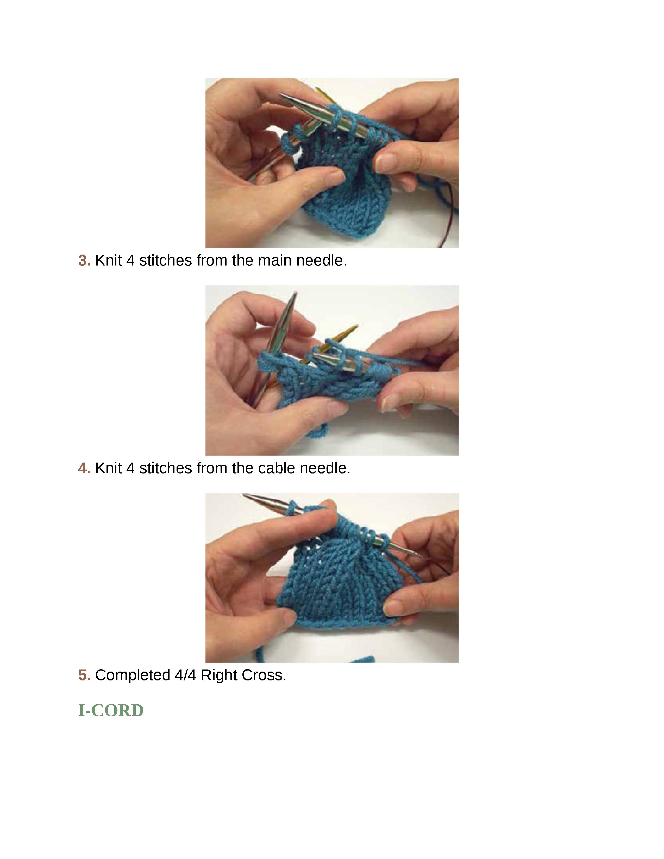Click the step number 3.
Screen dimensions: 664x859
84,260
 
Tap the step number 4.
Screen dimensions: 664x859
84,468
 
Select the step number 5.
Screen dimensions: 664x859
84,675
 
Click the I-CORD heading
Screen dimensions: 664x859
111,710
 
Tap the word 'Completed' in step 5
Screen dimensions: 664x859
133,675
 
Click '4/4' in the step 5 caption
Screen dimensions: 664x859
185,675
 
